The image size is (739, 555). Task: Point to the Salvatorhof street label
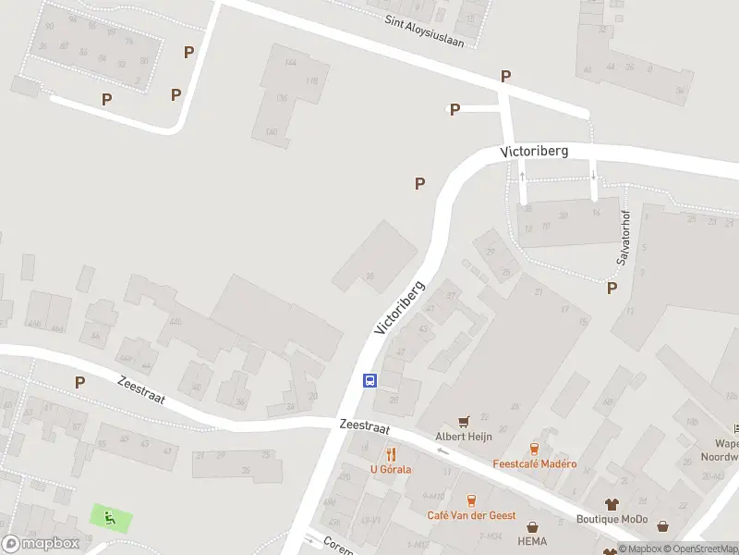tap(624, 239)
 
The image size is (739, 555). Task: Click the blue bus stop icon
tap(369, 380)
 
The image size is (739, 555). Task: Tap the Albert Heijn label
tap(463, 436)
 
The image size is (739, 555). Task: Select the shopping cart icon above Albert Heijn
tap(463, 420)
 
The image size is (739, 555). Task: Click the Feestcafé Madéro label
tap(535, 464)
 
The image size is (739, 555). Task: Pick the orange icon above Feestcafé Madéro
tap(534, 448)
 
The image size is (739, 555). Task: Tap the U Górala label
tap(391, 469)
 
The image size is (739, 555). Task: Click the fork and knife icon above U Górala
tap(391, 453)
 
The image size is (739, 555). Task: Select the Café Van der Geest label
tap(470, 516)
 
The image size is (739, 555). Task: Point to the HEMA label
tap(533, 540)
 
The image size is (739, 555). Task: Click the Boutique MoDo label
tap(612, 520)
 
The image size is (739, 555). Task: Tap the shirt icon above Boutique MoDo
tap(612, 504)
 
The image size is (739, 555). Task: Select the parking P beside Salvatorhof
tap(612, 288)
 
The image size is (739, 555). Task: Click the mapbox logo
tap(40, 543)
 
